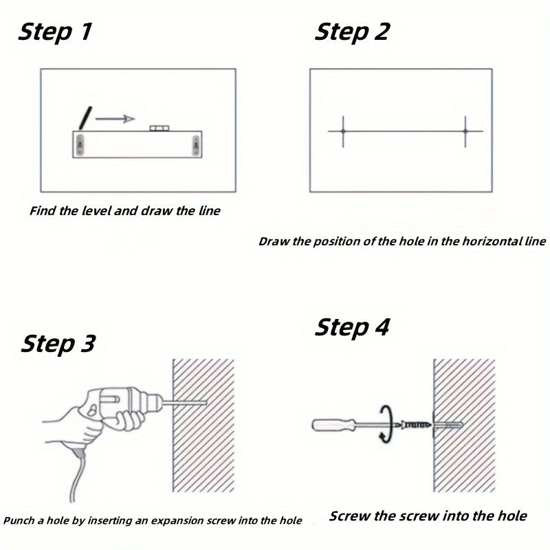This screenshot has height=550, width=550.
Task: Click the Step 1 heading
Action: coord(55,32)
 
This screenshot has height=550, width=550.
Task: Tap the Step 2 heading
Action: coord(352,32)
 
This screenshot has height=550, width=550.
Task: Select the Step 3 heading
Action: coord(58,344)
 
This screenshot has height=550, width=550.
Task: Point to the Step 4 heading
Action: coord(352,328)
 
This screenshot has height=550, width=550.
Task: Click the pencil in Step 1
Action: coord(85,118)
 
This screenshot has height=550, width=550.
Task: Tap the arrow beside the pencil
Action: coord(115,119)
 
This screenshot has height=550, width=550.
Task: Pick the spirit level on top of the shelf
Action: coord(159,128)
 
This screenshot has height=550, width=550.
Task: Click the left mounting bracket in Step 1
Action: coord(80,144)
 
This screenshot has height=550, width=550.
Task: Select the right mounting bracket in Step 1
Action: coord(196,145)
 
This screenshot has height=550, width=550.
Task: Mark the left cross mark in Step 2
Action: coord(343,131)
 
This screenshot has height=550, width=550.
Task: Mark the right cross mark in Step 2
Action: coord(465,131)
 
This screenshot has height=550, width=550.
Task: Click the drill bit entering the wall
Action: coord(185,403)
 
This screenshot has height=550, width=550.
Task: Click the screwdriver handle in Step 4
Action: coord(334,425)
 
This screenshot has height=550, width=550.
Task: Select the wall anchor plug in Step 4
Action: coord(448,426)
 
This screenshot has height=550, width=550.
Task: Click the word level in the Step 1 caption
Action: coord(93,211)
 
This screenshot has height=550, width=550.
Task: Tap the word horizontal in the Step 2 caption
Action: coord(483,241)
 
